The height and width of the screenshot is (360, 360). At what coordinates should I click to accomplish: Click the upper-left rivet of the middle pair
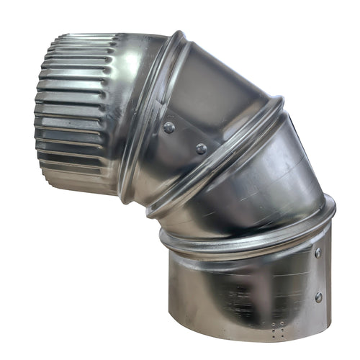tap(169, 127)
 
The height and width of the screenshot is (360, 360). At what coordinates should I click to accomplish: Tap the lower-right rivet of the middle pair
tap(201, 148)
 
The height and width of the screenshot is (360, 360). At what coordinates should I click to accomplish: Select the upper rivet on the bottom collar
tap(318, 253)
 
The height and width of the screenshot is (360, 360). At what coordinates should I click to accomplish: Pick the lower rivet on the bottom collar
tap(318, 297)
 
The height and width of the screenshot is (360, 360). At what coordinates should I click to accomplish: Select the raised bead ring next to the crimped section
tap(148, 115)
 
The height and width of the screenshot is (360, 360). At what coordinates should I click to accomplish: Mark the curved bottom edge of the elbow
tap(238, 338)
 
